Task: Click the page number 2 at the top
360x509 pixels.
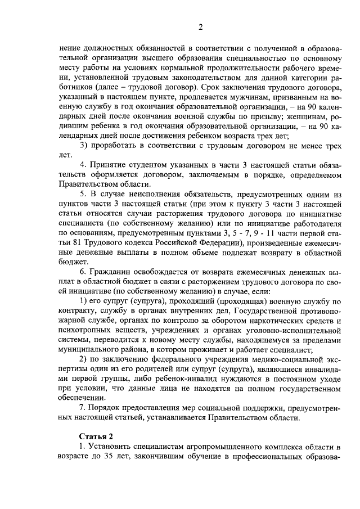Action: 200,27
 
